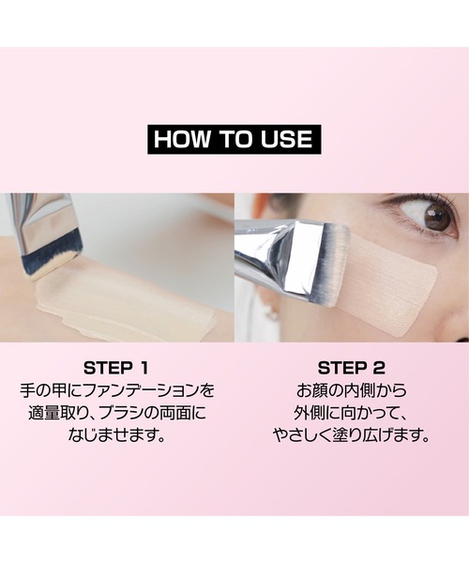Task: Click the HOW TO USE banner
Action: click(x=234, y=139)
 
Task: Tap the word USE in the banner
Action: click(x=286, y=139)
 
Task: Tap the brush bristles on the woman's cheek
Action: click(x=334, y=263)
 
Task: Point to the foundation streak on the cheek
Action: click(x=394, y=281)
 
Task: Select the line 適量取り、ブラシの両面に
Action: click(x=116, y=412)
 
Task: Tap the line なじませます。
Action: click(x=116, y=435)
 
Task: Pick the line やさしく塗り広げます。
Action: click(x=351, y=435)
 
